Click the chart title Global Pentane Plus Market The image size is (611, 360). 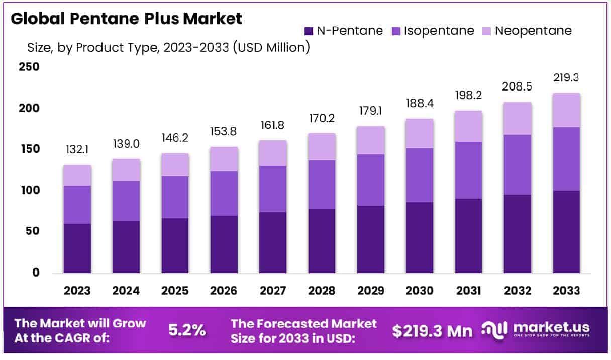coord(127,19)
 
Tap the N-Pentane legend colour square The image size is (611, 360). coord(309,31)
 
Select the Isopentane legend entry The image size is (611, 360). coord(432,31)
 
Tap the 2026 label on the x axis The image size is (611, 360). coord(224,291)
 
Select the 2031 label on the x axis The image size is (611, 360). coord(469,291)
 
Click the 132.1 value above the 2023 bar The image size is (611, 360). coord(77,150)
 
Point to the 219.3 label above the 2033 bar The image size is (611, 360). coord(567,78)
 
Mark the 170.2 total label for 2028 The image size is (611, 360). coord(322,119)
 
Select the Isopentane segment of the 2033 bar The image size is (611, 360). coord(566,159)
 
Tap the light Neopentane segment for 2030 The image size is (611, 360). coord(420,134)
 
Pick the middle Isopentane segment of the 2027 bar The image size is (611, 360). coord(273,189)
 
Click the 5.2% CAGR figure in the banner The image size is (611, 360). coord(186,330)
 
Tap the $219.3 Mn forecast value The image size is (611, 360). coord(432,331)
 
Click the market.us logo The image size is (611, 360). coord(536,330)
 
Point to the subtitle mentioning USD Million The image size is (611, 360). coord(168,48)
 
